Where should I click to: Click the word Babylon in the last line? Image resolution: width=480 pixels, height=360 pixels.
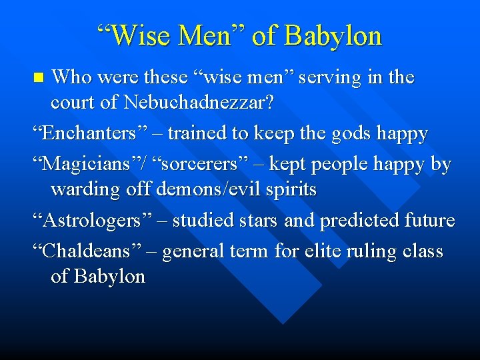(x=109, y=277)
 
